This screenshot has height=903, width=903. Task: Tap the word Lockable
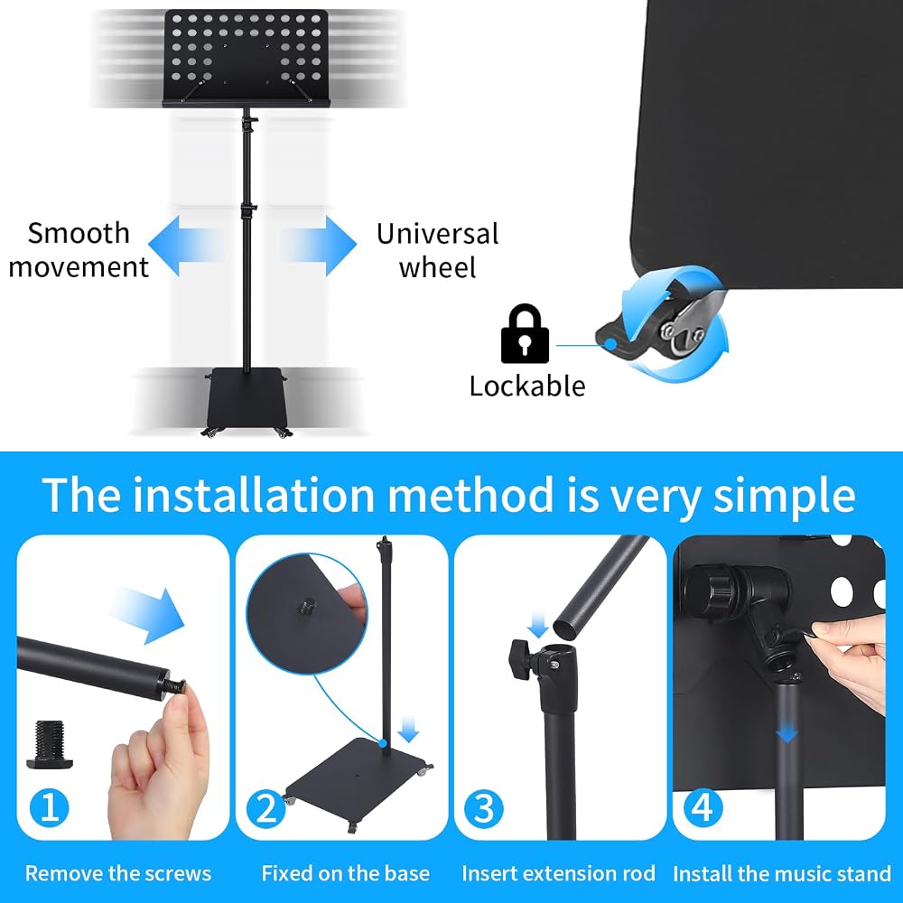tap(527, 386)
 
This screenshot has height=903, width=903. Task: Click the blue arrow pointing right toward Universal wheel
tap(319, 246)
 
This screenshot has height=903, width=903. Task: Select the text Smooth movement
tap(79, 250)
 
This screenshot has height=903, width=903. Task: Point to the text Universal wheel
tap(438, 250)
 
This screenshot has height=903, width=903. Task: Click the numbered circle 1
tap(49, 807)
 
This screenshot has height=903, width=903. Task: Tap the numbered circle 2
tap(266, 808)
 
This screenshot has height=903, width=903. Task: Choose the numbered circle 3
tap(484, 808)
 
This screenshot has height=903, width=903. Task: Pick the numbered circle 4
tap(703, 808)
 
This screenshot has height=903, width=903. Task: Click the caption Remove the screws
tap(118, 873)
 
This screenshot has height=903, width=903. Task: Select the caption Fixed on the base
tap(346, 873)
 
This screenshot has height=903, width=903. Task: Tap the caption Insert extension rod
tap(558, 873)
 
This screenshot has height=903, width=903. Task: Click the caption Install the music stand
tap(782, 874)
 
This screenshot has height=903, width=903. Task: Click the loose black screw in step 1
tap(50, 744)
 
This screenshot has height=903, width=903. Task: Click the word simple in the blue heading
tap(785, 496)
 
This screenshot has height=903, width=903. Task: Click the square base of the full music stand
tap(247, 398)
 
